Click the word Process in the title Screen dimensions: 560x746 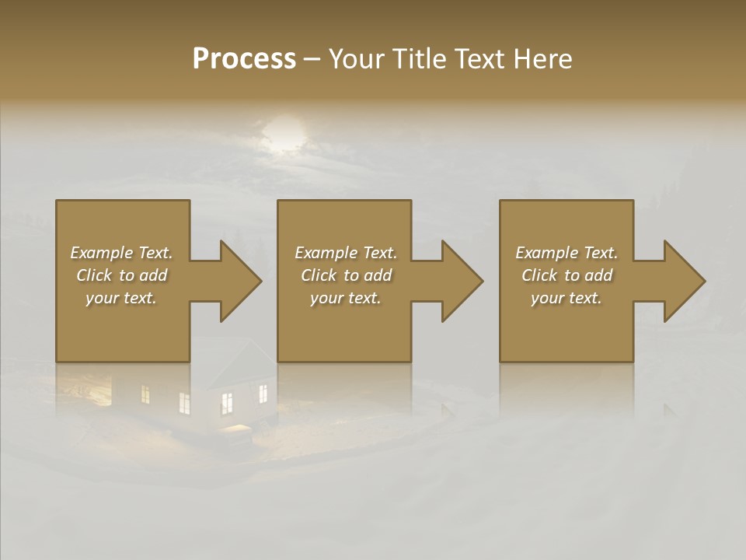(x=244, y=59)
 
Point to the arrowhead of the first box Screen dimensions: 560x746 (x=240, y=281)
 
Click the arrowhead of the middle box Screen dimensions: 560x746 (x=462, y=281)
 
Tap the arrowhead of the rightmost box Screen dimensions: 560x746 (x=684, y=281)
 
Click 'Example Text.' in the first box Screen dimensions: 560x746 (x=121, y=253)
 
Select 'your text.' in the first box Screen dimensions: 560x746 (x=121, y=298)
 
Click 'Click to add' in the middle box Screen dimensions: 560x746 (x=346, y=275)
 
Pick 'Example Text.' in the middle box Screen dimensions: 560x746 (x=346, y=253)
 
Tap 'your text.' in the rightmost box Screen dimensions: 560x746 (x=566, y=298)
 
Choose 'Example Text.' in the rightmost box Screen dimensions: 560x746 (x=566, y=253)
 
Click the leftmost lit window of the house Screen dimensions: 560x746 (x=145, y=394)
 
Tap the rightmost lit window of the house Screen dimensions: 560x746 (x=263, y=394)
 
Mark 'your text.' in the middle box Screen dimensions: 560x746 (x=346, y=298)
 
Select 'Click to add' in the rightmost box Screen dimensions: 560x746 (x=566, y=275)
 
